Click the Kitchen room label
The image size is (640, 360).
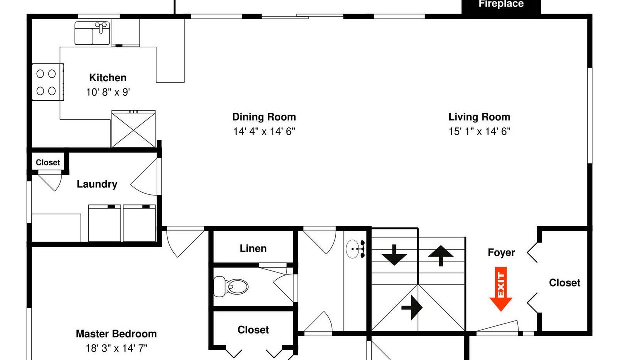[x=108, y=77]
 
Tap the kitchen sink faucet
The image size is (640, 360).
[x=101, y=27]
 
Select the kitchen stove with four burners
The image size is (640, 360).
[x=47, y=82]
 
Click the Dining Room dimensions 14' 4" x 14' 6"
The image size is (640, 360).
[x=264, y=131]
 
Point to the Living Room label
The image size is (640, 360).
[x=479, y=117]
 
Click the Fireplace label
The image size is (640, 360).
[x=501, y=4]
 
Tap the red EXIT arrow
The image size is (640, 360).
[x=501, y=289]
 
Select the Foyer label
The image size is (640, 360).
[x=501, y=253]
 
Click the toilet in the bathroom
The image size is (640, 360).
[x=231, y=286]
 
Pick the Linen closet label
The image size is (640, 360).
[x=253, y=249]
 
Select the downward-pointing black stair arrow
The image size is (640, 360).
[x=394, y=255]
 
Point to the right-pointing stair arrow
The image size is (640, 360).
[x=412, y=307]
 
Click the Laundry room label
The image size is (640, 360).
[x=97, y=184]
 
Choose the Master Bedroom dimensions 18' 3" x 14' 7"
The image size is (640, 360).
[x=116, y=348]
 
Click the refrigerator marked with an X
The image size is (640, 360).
[x=133, y=129]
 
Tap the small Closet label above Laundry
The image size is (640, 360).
[x=48, y=163]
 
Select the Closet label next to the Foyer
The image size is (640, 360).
[x=565, y=283]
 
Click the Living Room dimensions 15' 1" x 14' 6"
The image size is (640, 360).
[x=479, y=131]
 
